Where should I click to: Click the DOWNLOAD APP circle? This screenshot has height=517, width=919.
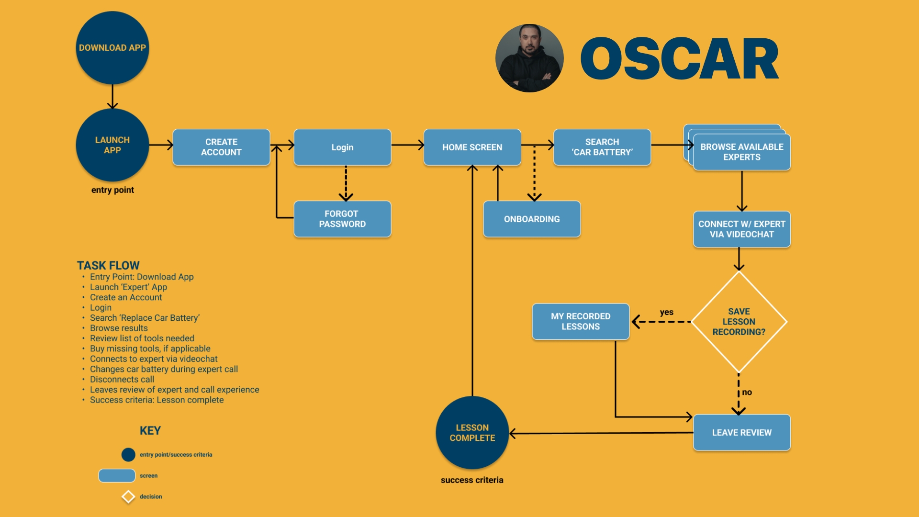(112, 48)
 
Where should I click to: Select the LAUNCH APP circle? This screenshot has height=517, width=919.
(112, 145)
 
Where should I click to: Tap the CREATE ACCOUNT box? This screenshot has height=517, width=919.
(221, 147)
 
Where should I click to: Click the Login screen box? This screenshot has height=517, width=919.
(342, 147)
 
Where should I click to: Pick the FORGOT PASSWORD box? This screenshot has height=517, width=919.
(342, 219)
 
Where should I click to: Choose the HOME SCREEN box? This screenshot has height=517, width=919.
(472, 147)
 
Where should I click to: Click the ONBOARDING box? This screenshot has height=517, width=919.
(532, 219)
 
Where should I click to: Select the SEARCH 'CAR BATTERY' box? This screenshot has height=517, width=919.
(602, 147)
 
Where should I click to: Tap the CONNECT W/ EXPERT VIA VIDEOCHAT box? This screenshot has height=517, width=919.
(741, 229)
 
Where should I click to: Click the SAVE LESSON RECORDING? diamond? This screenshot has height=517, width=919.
(739, 322)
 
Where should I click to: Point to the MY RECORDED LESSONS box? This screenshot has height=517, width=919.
(581, 321)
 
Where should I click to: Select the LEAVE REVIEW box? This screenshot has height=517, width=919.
(741, 432)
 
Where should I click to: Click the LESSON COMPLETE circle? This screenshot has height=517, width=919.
(472, 432)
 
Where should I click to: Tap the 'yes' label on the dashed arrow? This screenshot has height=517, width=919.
(666, 312)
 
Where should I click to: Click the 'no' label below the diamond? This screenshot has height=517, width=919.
(747, 393)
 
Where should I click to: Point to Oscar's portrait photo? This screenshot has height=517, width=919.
(529, 58)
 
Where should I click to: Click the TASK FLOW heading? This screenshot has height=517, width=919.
(108, 266)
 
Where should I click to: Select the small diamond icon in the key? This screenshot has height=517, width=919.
(128, 497)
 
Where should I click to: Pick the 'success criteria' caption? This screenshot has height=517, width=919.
(472, 480)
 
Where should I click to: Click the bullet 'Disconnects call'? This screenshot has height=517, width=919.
(122, 380)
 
